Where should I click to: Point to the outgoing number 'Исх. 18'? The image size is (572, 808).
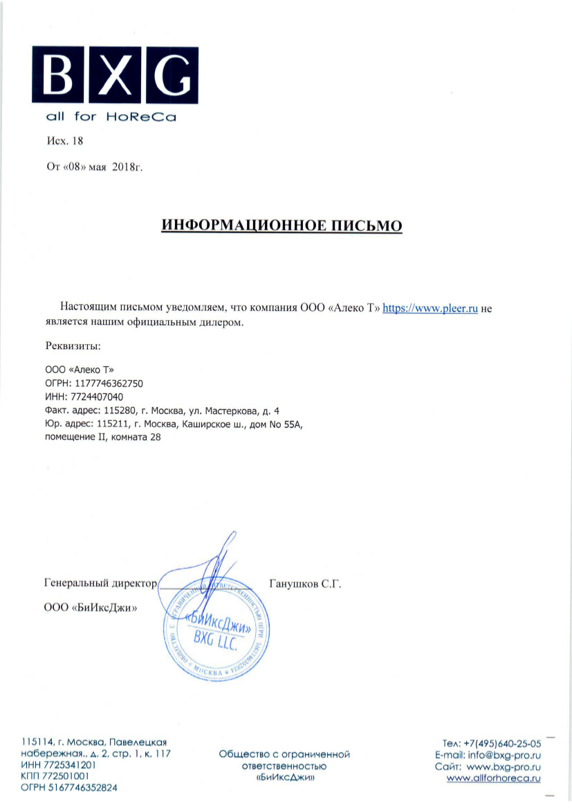click(64, 141)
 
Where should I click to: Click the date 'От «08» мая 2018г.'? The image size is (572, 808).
click(94, 167)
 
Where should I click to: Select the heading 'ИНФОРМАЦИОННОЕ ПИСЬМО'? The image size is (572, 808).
click(282, 225)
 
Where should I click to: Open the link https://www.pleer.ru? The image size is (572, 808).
click(431, 309)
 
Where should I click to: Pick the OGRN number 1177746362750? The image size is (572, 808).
click(108, 383)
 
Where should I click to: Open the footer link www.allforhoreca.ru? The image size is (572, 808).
click(493, 778)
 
